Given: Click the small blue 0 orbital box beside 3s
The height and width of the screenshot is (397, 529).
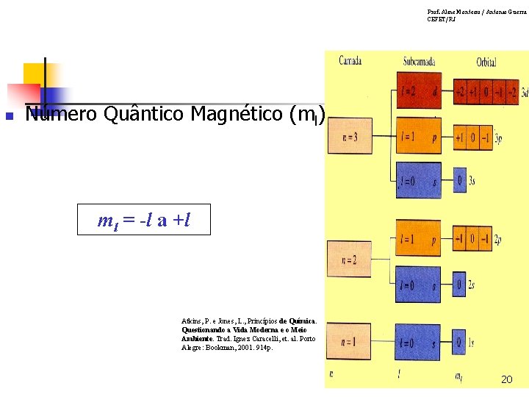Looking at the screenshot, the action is pos(461,181).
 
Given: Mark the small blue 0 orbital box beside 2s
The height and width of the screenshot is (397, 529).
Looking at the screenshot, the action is pos(461,285).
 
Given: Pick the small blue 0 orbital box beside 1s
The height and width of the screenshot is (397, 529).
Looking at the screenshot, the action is pos(460,342).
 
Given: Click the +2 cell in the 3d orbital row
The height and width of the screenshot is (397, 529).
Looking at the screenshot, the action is pos(461,93).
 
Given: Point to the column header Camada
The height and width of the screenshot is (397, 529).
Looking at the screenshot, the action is pos(350,60).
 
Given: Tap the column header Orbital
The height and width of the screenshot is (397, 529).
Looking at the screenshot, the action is pos(486,62).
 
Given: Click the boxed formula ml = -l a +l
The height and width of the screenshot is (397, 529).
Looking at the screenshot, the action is pos(144,219).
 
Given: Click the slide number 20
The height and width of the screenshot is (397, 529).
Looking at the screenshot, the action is pos(506,379).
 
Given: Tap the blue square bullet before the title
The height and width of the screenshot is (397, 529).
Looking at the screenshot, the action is pos(10,116).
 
